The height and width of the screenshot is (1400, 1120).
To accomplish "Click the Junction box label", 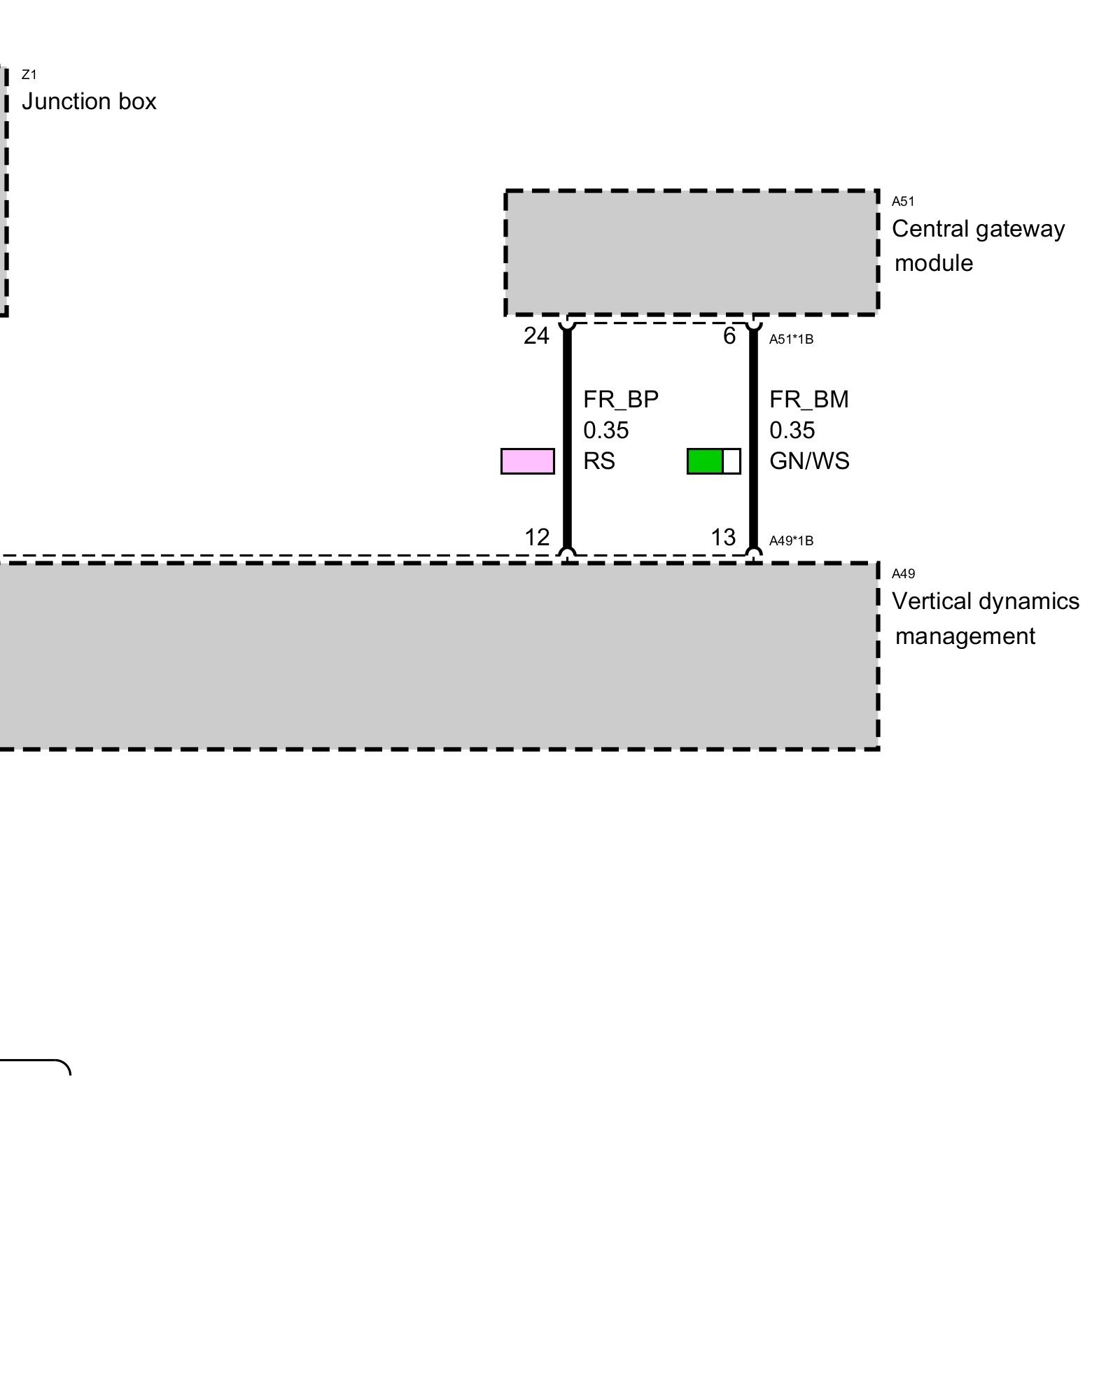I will [x=89, y=102].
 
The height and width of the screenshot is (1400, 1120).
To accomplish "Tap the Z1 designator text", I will [x=29, y=75].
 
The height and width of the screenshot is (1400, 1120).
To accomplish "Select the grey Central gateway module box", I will [x=692, y=252].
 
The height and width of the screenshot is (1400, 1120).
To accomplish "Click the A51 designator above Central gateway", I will [x=903, y=202].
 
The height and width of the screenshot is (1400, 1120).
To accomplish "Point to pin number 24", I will [x=536, y=337].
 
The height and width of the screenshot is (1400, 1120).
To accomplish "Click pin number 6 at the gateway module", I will [x=729, y=337].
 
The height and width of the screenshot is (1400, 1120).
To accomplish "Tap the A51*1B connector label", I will [x=791, y=339].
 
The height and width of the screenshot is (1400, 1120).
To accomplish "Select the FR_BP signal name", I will [x=621, y=400].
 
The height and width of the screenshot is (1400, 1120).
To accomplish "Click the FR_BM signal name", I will [x=808, y=400].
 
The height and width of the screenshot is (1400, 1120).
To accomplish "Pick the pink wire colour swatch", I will [x=528, y=461].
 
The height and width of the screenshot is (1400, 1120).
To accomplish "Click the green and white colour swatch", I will [x=713, y=461].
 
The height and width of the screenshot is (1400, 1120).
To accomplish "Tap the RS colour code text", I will [x=599, y=461].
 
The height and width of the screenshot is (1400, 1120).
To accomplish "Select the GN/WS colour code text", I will [x=809, y=461].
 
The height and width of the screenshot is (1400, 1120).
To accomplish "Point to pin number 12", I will [x=537, y=538].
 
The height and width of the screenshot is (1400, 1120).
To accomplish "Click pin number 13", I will [x=723, y=538].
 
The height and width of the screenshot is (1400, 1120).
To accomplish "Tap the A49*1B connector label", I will [x=791, y=541].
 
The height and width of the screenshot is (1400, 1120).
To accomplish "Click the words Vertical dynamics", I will [x=985, y=601].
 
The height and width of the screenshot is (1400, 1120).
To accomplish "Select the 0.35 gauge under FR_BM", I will [x=792, y=430].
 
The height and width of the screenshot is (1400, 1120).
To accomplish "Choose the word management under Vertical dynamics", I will [x=965, y=636].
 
